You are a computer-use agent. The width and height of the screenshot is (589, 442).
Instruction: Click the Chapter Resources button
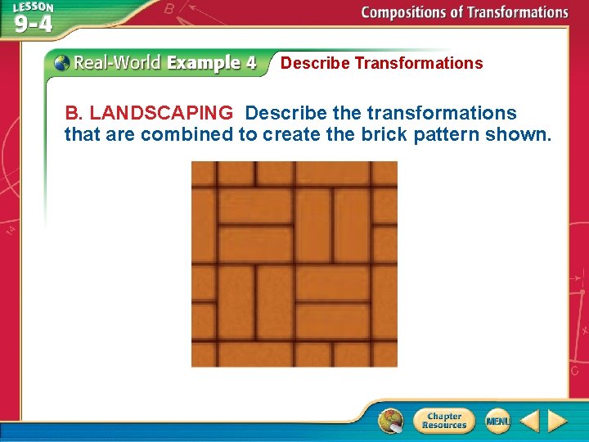(444, 421)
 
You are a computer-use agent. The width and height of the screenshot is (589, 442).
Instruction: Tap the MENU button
(497, 421)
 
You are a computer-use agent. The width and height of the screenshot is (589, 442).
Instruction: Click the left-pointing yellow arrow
(529, 421)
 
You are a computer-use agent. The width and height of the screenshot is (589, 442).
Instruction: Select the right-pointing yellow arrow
(557, 421)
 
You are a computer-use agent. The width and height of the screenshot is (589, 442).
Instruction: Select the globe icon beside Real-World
(61, 62)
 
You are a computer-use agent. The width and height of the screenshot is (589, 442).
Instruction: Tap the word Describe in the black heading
(315, 63)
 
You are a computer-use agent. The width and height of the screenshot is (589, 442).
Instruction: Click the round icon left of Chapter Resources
(391, 421)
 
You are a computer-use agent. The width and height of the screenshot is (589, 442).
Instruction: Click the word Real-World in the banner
(117, 63)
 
